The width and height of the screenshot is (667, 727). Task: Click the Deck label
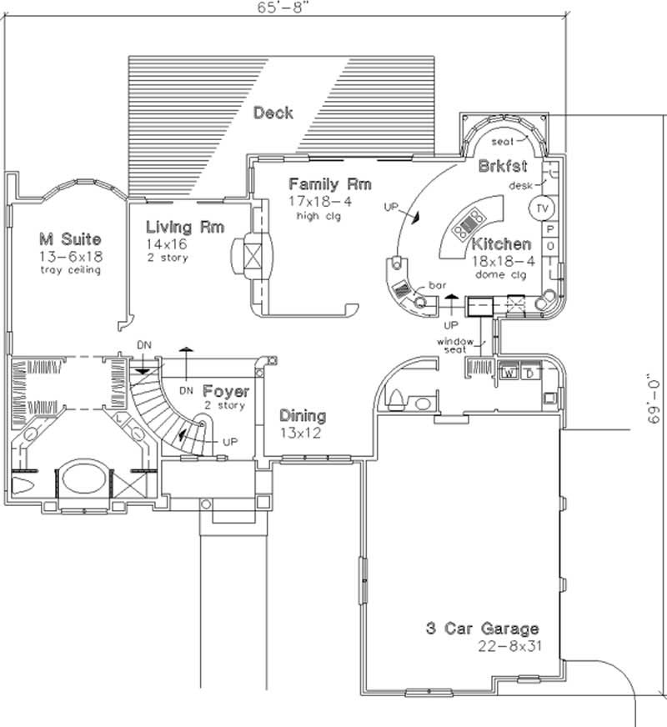tap(273, 112)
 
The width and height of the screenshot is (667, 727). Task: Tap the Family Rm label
tap(329, 184)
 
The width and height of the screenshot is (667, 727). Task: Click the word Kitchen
tap(501, 244)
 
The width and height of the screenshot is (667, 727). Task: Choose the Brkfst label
tap(503, 166)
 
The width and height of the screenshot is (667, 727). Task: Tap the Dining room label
tap(302, 415)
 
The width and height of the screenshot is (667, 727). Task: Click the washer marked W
tap(509, 373)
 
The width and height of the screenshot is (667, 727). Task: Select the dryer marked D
tap(528, 373)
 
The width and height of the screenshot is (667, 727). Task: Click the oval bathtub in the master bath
tap(81, 481)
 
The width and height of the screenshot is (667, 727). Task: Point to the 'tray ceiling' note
tap(69, 270)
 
